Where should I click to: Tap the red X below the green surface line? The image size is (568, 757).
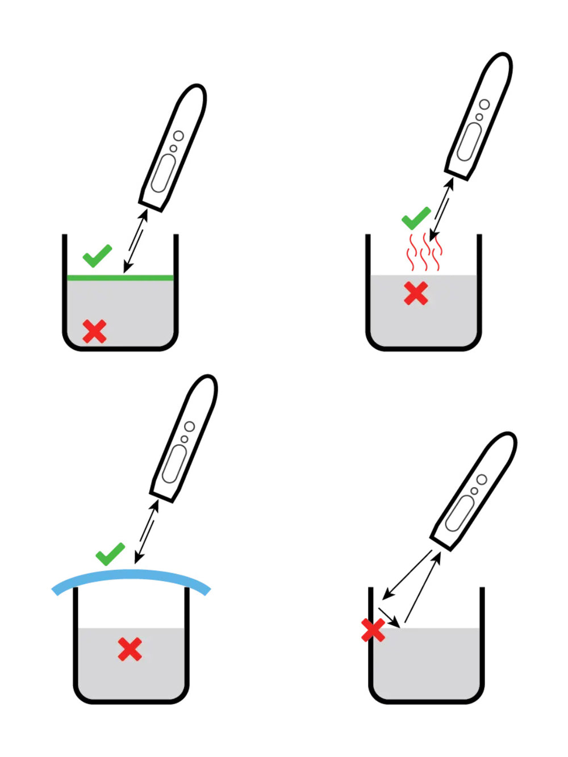click(x=94, y=331)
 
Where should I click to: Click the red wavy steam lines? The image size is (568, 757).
click(x=423, y=253)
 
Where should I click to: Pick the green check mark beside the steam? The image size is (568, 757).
click(x=415, y=218)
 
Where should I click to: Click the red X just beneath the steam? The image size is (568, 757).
click(x=416, y=294)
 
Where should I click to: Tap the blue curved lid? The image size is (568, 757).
click(x=131, y=576)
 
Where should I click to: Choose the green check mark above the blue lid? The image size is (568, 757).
click(x=110, y=554)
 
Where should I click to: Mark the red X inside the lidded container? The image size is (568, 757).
click(x=130, y=649)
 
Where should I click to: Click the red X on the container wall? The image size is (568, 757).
click(x=373, y=630)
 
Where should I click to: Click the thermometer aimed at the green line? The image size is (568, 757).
click(x=172, y=148)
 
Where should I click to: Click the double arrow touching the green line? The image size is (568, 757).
click(x=136, y=241)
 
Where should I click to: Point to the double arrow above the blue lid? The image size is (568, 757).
click(x=147, y=532)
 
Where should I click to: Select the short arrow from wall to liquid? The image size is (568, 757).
click(x=390, y=617)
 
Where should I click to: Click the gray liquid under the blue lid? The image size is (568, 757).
click(x=159, y=670)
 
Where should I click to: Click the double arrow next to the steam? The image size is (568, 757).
click(x=441, y=209)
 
